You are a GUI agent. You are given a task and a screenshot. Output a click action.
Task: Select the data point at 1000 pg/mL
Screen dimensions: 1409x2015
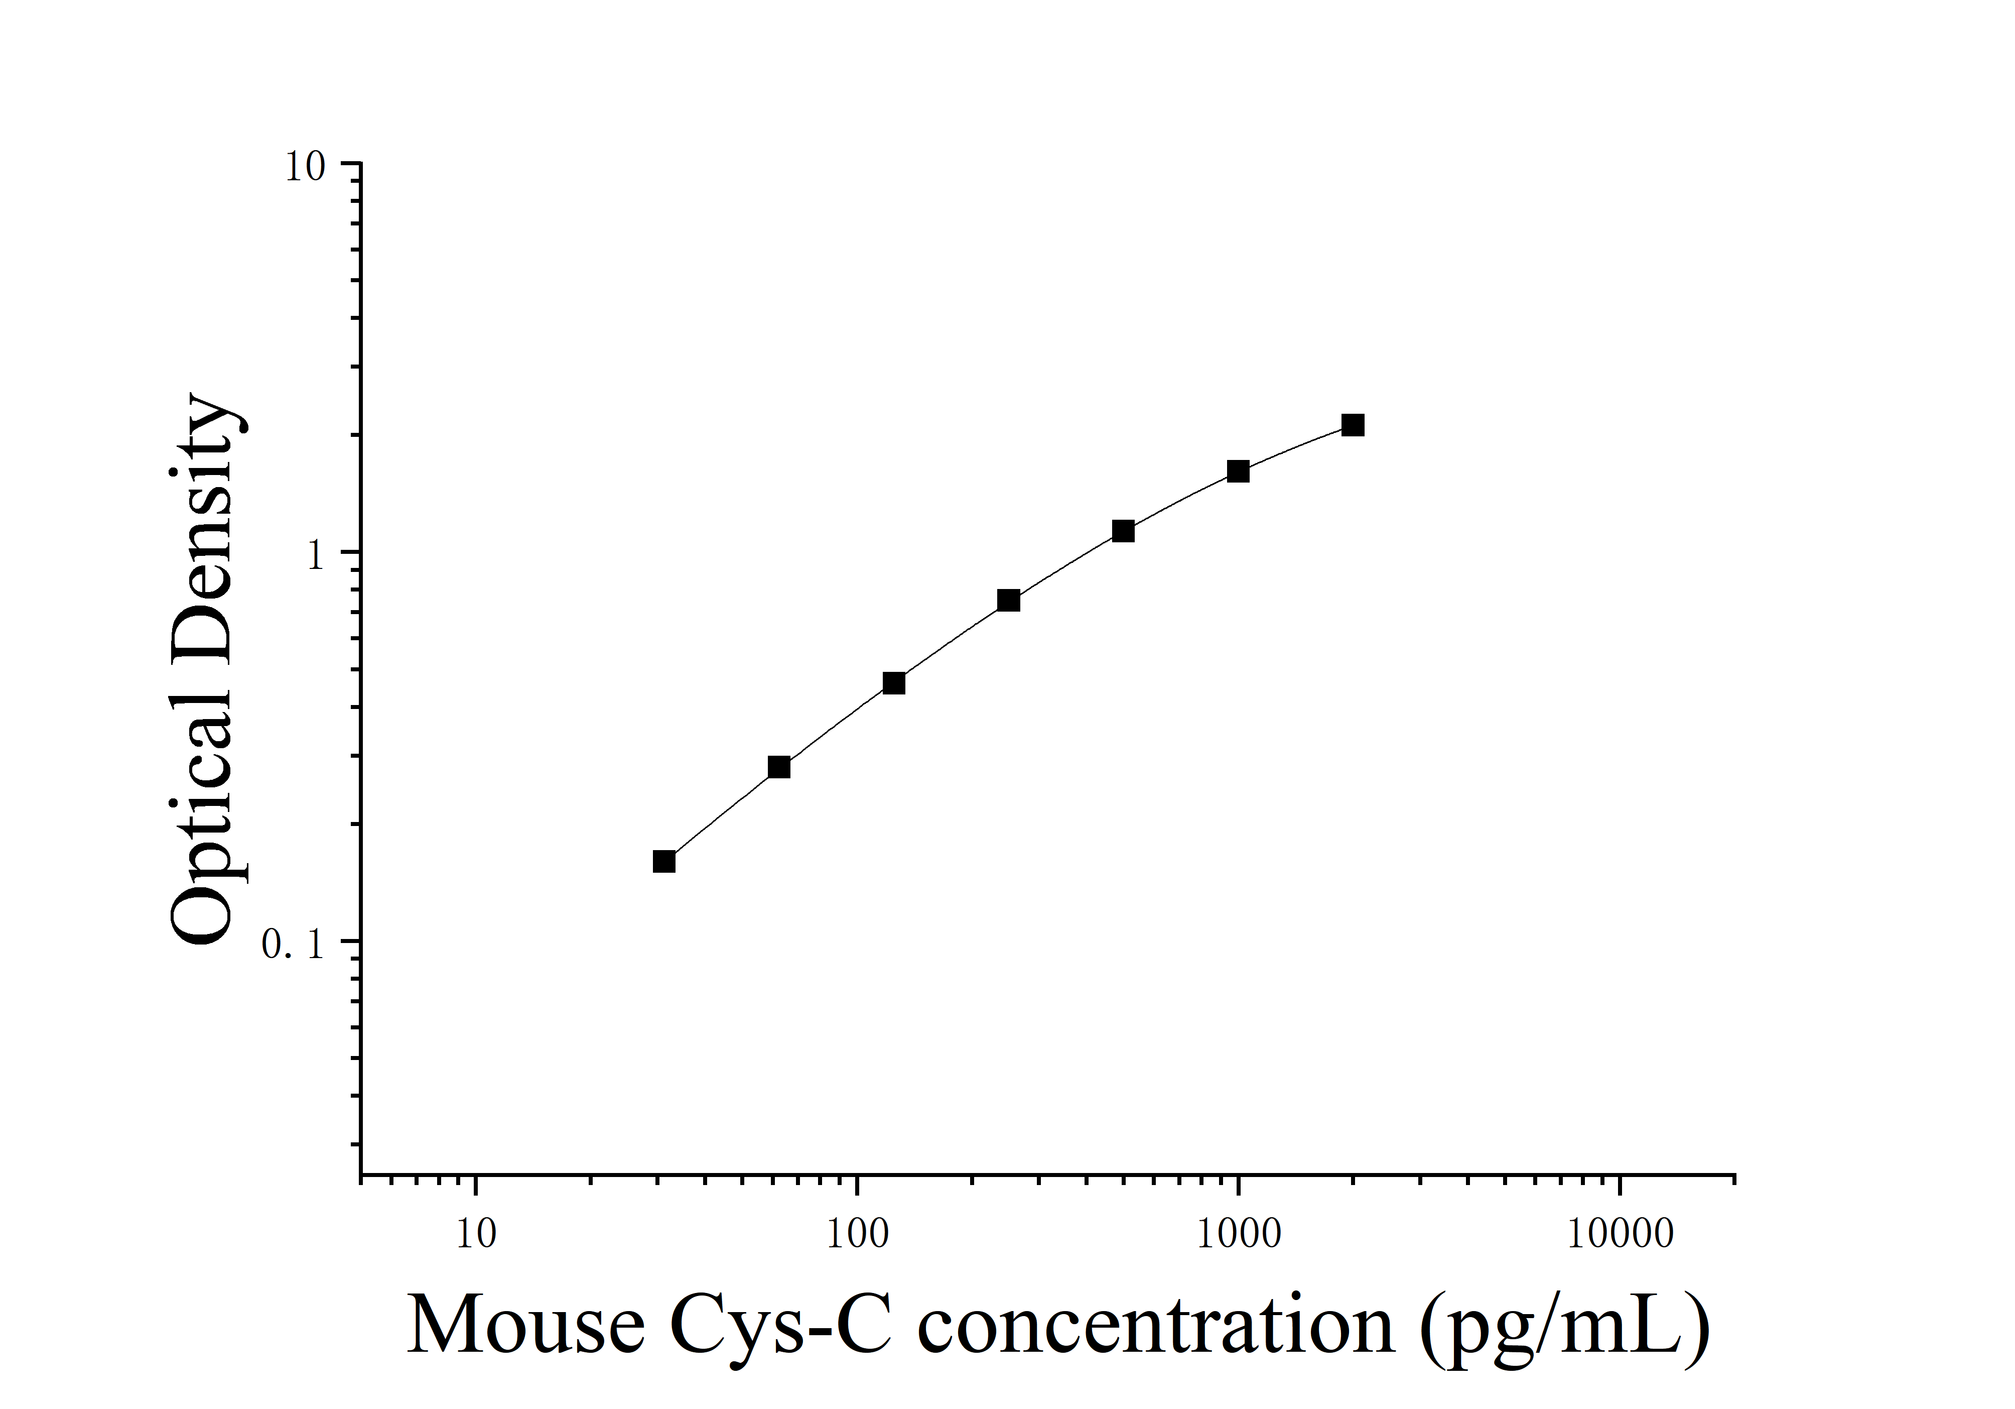pyautogui.click(x=1238, y=472)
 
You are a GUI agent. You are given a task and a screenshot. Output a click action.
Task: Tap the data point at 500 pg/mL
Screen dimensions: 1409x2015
pyautogui.click(x=1123, y=531)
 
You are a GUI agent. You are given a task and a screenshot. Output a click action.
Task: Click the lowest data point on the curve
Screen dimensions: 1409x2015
pyautogui.click(x=664, y=861)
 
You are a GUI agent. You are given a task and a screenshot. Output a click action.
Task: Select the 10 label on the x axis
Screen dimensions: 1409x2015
pyautogui.click(x=476, y=1234)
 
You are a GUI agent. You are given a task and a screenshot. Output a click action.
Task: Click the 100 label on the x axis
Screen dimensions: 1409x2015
pyautogui.click(x=857, y=1234)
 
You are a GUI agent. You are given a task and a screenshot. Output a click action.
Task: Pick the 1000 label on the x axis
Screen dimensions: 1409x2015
pyautogui.click(x=1238, y=1234)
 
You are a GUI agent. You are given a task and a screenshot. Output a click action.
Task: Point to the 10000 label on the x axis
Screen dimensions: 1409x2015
pyautogui.click(x=1620, y=1234)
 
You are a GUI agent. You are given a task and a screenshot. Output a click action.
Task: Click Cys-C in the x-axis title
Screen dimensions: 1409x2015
pyautogui.click(x=780, y=1326)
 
